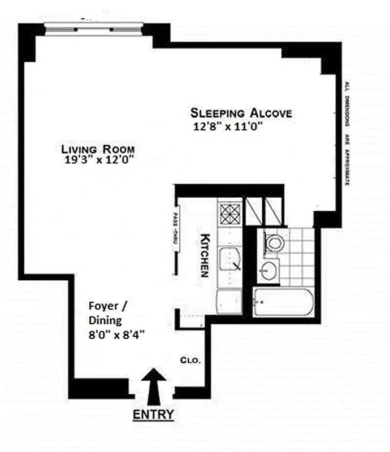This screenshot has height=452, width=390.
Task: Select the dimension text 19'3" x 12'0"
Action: [x=101, y=160]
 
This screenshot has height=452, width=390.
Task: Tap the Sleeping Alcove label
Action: [x=241, y=112]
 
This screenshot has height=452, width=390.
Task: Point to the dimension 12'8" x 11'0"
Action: [x=229, y=127]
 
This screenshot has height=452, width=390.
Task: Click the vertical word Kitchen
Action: [x=206, y=255]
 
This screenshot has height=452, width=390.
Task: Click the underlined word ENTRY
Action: [x=153, y=415]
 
